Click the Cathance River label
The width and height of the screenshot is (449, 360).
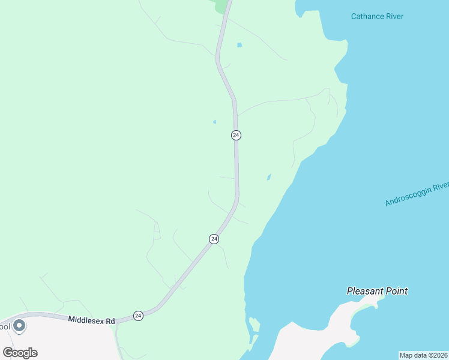(x=377, y=17)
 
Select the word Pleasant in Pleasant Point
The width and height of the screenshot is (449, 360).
(x=365, y=291)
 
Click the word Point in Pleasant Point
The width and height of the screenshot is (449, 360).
(x=396, y=291)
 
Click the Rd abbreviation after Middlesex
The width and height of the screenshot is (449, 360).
(x=110, y=322)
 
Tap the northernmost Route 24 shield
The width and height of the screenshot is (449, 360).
(x=236, y=135)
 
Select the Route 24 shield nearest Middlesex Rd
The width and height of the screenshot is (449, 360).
(x=138, y=316)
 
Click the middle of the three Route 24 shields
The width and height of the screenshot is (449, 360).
(x=214, y=239)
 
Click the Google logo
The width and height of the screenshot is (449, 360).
(x=20, y=352)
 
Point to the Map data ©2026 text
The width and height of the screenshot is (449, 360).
(x=423, y=355)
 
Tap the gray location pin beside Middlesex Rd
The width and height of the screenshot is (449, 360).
(x=19, y=326)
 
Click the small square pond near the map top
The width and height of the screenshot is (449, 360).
(x=240, y=45)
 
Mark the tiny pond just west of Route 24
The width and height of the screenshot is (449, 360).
(x=214, y=122)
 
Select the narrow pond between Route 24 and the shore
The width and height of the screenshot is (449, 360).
(x=268, y=177)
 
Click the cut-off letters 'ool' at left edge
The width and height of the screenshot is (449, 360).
(x=5, y=327)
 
